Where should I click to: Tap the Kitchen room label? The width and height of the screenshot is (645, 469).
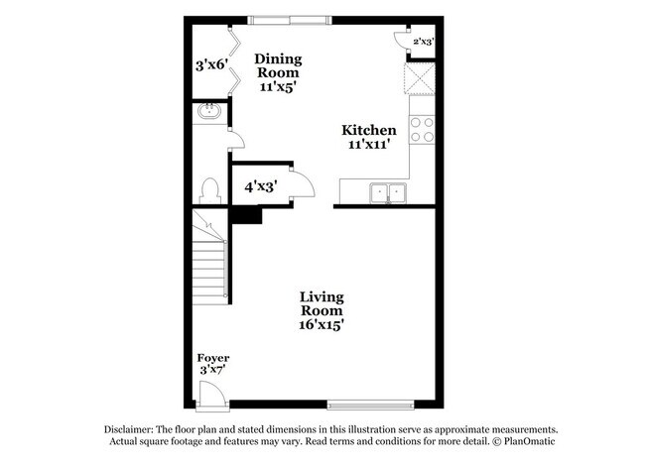(x=369, y=131)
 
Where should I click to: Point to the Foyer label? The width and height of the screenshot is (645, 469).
(x=213, y=357)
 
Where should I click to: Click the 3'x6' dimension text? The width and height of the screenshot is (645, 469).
(x=211, y=66)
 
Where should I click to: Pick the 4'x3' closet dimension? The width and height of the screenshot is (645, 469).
(x=260, y=184)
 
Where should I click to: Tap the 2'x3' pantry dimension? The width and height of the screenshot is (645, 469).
(x=421, y=42)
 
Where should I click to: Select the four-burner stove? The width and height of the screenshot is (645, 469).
(x=421, y=130)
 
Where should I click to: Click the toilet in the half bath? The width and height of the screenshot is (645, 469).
(x=208, y=187)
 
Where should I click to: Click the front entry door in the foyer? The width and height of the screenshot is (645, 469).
(x=212, y=396)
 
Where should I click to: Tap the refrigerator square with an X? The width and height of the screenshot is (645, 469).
(x=421, y=79)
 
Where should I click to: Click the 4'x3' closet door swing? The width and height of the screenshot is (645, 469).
(x=304, y=186)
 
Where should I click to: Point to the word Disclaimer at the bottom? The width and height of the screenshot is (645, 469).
(x=136, y=428)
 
